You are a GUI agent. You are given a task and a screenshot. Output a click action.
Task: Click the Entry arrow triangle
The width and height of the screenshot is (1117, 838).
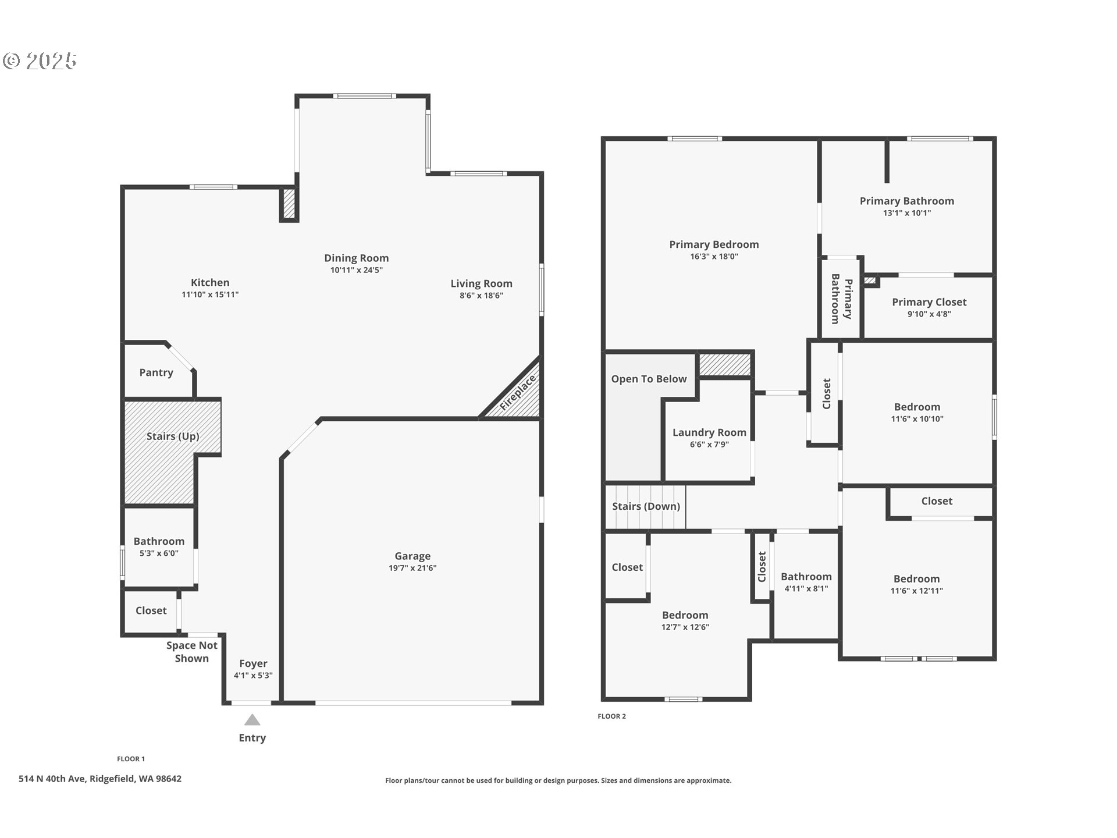click(x=252, y=720)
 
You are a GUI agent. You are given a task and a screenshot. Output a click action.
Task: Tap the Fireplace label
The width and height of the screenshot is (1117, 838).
click(x=517, y=393)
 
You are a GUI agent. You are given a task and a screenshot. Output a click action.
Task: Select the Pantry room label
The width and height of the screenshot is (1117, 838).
click(x=156, y=372)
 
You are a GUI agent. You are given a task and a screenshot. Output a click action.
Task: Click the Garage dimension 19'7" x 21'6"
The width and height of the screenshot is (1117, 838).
click(x=412, y=568)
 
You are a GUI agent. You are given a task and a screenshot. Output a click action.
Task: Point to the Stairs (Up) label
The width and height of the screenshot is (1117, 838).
click(x=173, y=436)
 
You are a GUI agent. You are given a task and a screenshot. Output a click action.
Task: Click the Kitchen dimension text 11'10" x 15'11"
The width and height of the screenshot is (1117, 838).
click(x=210, y=294)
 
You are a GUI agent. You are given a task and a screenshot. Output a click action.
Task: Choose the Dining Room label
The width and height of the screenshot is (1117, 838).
click(x=357, y=258)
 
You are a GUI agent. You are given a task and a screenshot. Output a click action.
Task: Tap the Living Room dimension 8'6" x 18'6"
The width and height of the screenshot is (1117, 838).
click(x=481, y=296)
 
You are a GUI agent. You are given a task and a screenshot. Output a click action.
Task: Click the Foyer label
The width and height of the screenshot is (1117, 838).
click(x=253, y=663)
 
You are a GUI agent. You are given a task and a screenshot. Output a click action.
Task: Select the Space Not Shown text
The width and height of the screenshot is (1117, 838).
click(x=192, y=652)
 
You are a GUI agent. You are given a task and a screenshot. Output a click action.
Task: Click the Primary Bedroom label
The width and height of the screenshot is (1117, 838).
click(x=714, y=244)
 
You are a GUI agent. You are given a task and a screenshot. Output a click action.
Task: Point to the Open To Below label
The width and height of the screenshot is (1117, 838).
click(x=649, y=379)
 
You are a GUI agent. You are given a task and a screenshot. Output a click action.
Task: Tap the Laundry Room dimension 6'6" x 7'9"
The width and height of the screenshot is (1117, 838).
click(x=709, y=445)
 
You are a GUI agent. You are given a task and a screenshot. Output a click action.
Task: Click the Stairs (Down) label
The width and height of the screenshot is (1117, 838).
click(x=646, y=506)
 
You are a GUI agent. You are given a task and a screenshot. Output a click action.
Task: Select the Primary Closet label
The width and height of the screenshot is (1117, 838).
click(x=929, y=302)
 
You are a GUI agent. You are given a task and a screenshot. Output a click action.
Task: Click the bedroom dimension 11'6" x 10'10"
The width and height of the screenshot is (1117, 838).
click(x=917, y=419)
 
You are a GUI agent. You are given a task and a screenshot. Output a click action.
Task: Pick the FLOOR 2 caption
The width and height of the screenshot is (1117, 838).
click(x=611, y=716)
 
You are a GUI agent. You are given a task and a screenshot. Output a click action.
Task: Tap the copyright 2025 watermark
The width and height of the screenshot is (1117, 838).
click(x=40, y=61)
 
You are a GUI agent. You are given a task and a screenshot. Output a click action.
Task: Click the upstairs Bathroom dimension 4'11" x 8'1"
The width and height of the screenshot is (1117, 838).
click(x=806, y=588)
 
